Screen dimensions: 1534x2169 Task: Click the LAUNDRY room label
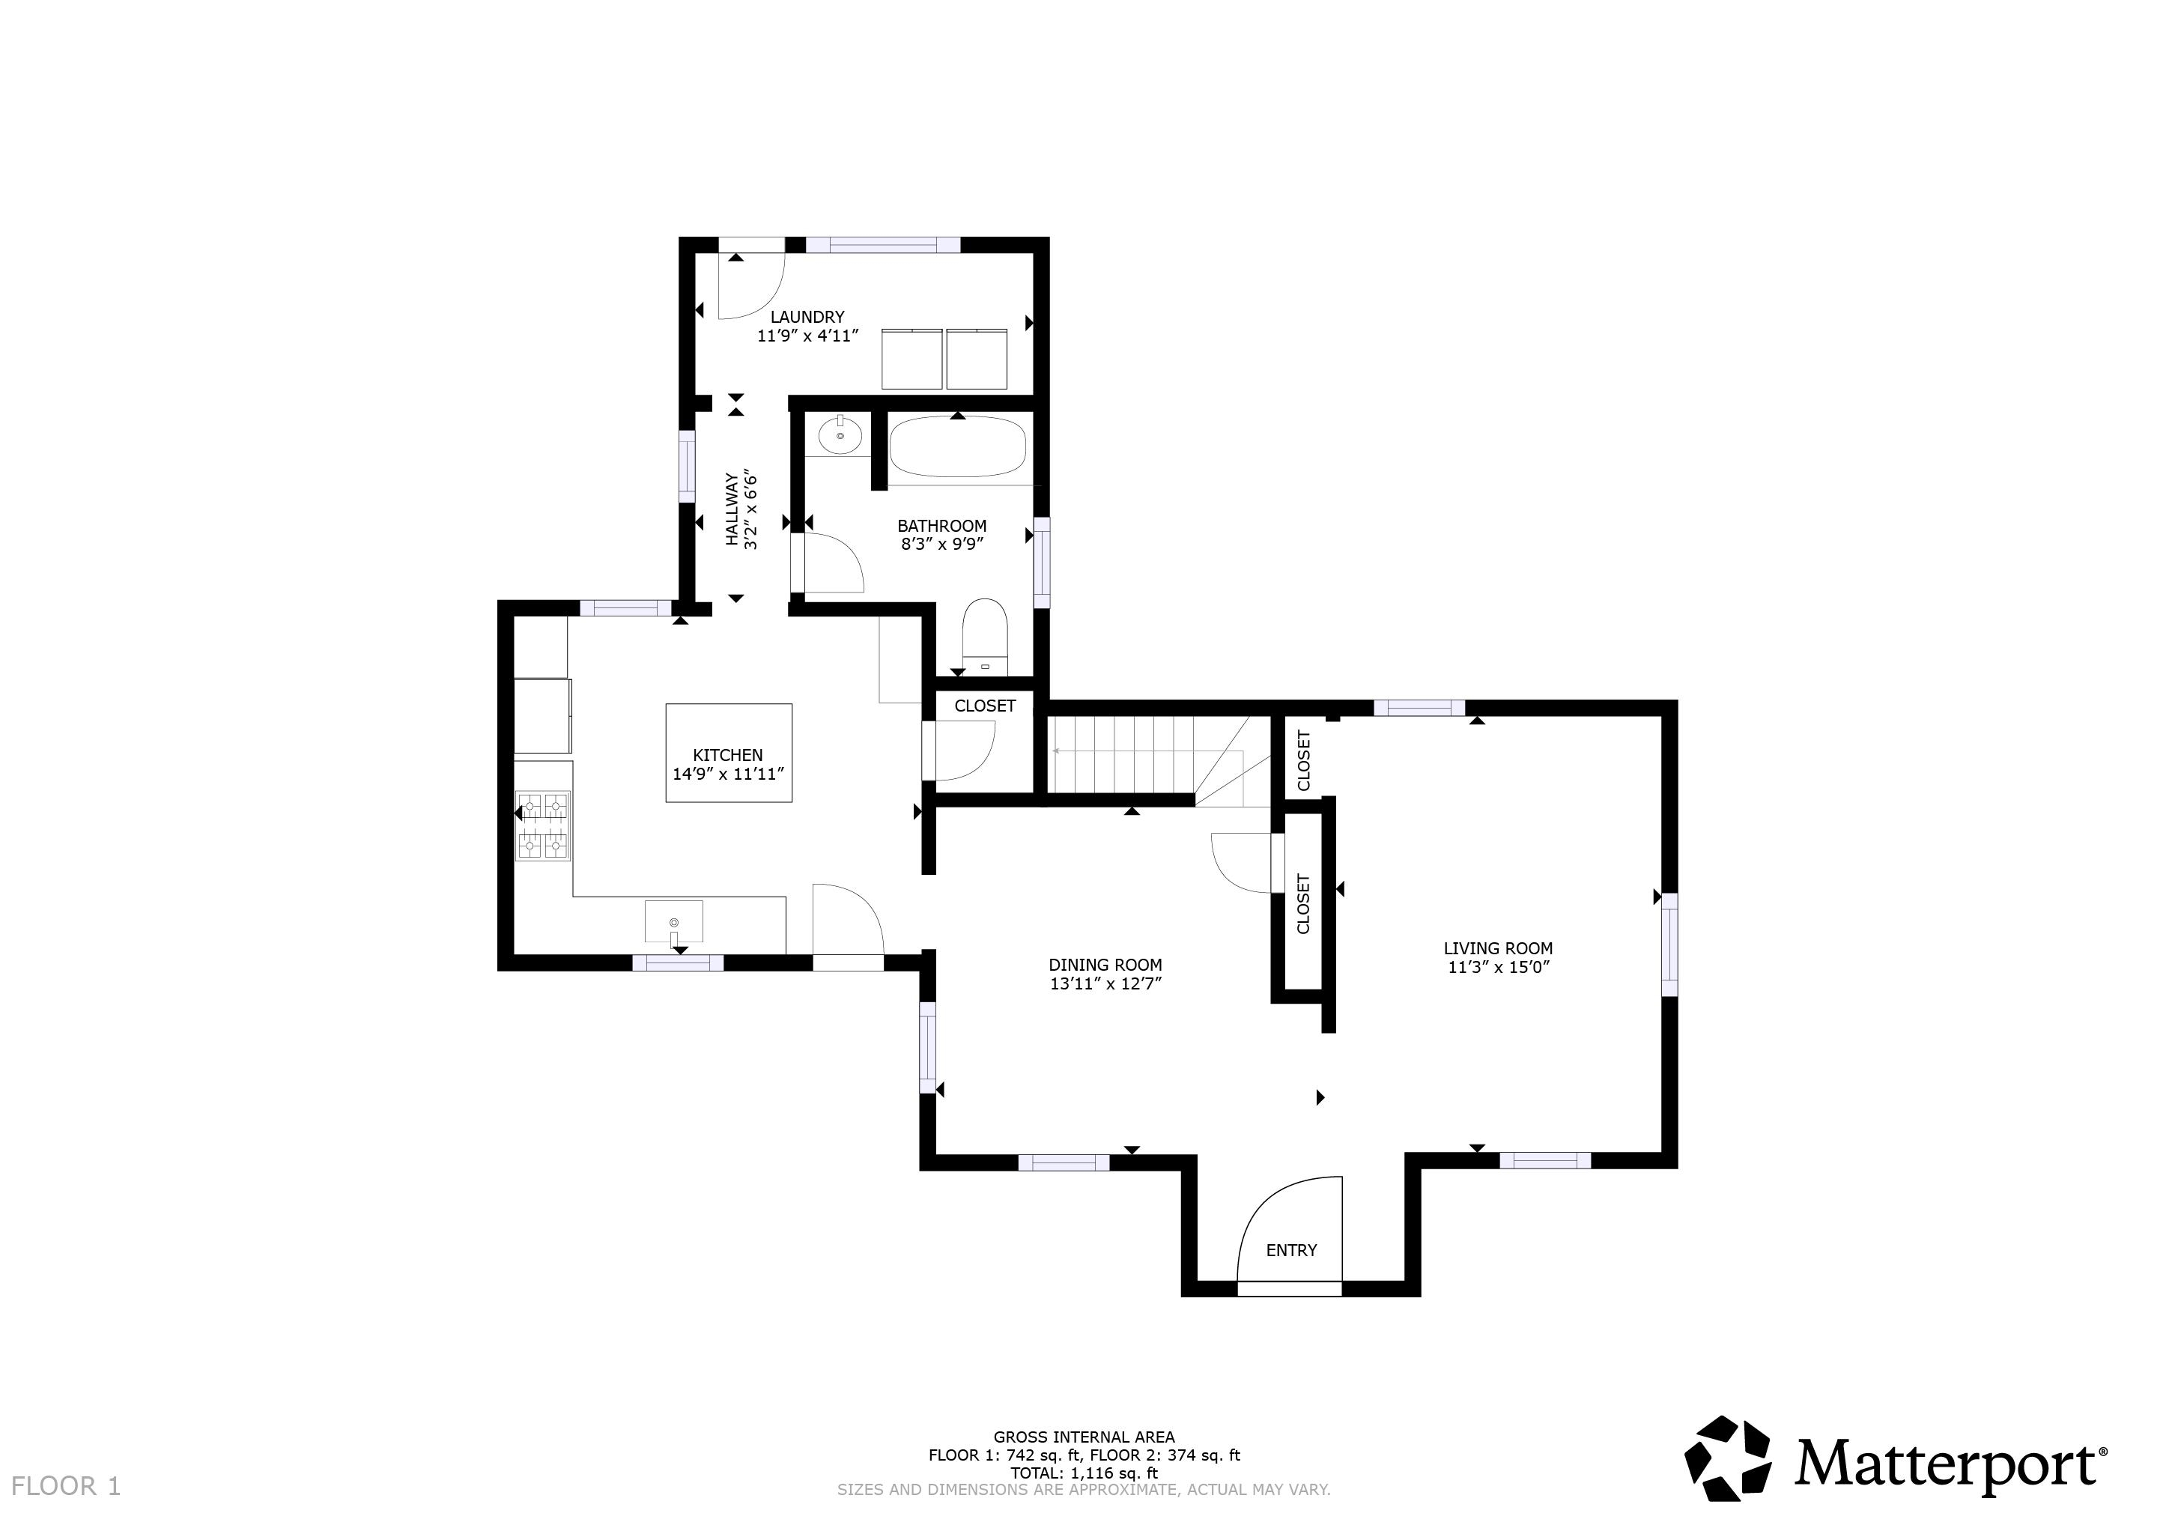click(x=807, y=318)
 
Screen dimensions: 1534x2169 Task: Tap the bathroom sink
click(x=840, y=437)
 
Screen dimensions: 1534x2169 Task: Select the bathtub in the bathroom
click(x=957, y=448)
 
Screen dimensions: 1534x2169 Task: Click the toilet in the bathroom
click(x=986, y=634)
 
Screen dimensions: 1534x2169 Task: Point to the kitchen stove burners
click(x=543, y=825)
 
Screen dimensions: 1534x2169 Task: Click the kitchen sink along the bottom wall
click(x=673, y=921)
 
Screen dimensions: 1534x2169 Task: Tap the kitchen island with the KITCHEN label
click(x=728, y=753)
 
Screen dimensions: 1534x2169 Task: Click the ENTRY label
click(x=1290, y=1249)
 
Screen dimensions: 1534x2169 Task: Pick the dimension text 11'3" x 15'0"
click(x=1498, y=967)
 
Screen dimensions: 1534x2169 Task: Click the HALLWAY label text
click(x=732, y=509)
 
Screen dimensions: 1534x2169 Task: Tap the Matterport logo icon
click(x=1728, y=1459)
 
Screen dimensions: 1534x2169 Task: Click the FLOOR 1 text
click(x=66, y=1486)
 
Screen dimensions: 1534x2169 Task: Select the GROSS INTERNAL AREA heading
click(x=1084, y=1437)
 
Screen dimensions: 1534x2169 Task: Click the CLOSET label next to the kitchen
click(x=984, y=706)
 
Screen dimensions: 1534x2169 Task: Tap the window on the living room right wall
click(x=1669, y=945)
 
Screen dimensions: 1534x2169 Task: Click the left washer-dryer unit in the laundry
click(x=911, y=359)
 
